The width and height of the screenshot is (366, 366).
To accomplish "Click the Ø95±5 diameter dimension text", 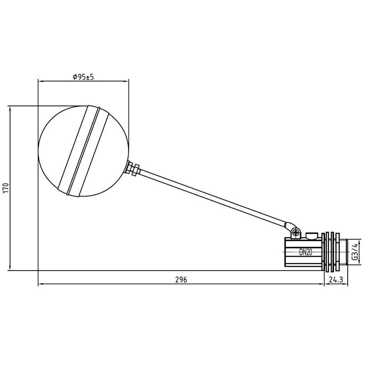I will click(x=84, y=77).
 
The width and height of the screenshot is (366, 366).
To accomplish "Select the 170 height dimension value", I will click(x=5, y=188).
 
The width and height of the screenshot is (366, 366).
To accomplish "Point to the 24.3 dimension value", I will click(x=335, y=280).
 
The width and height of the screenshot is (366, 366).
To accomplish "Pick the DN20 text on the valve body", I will click(x=306, y=252).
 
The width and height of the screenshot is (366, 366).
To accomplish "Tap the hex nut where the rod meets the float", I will click(x=133, y=169).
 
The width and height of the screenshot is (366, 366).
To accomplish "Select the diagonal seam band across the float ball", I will click(x=82, y=150).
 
